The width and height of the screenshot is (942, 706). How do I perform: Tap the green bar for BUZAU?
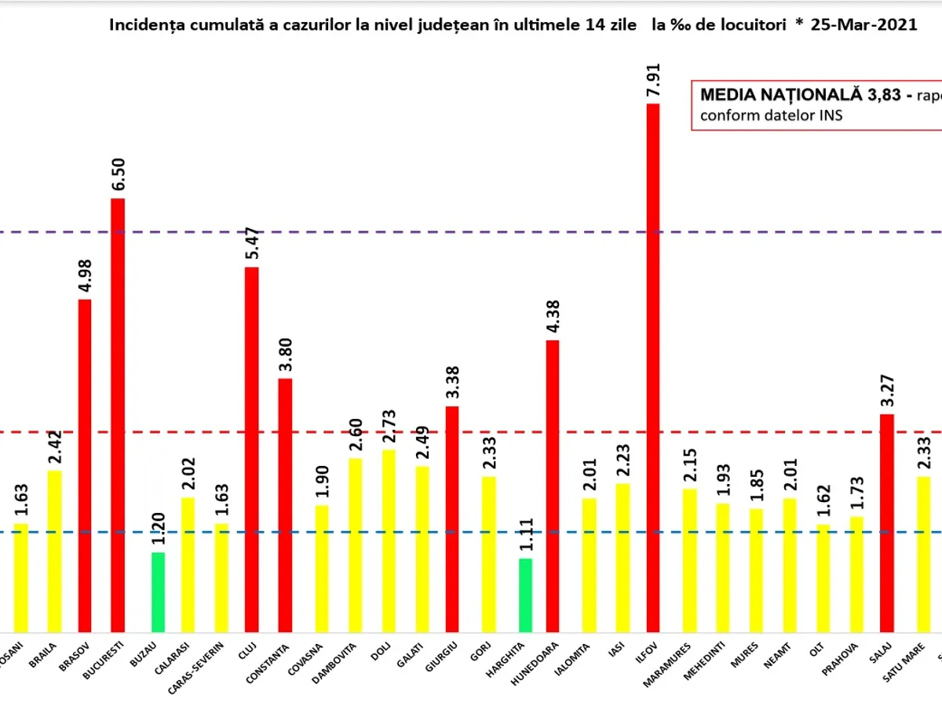(x=158, y=591)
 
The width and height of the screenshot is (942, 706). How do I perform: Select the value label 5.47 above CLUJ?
(x=252, y=242)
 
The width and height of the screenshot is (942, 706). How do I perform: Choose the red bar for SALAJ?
(x=887, y=522)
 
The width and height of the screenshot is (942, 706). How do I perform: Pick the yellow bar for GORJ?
(x=488, y=554)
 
